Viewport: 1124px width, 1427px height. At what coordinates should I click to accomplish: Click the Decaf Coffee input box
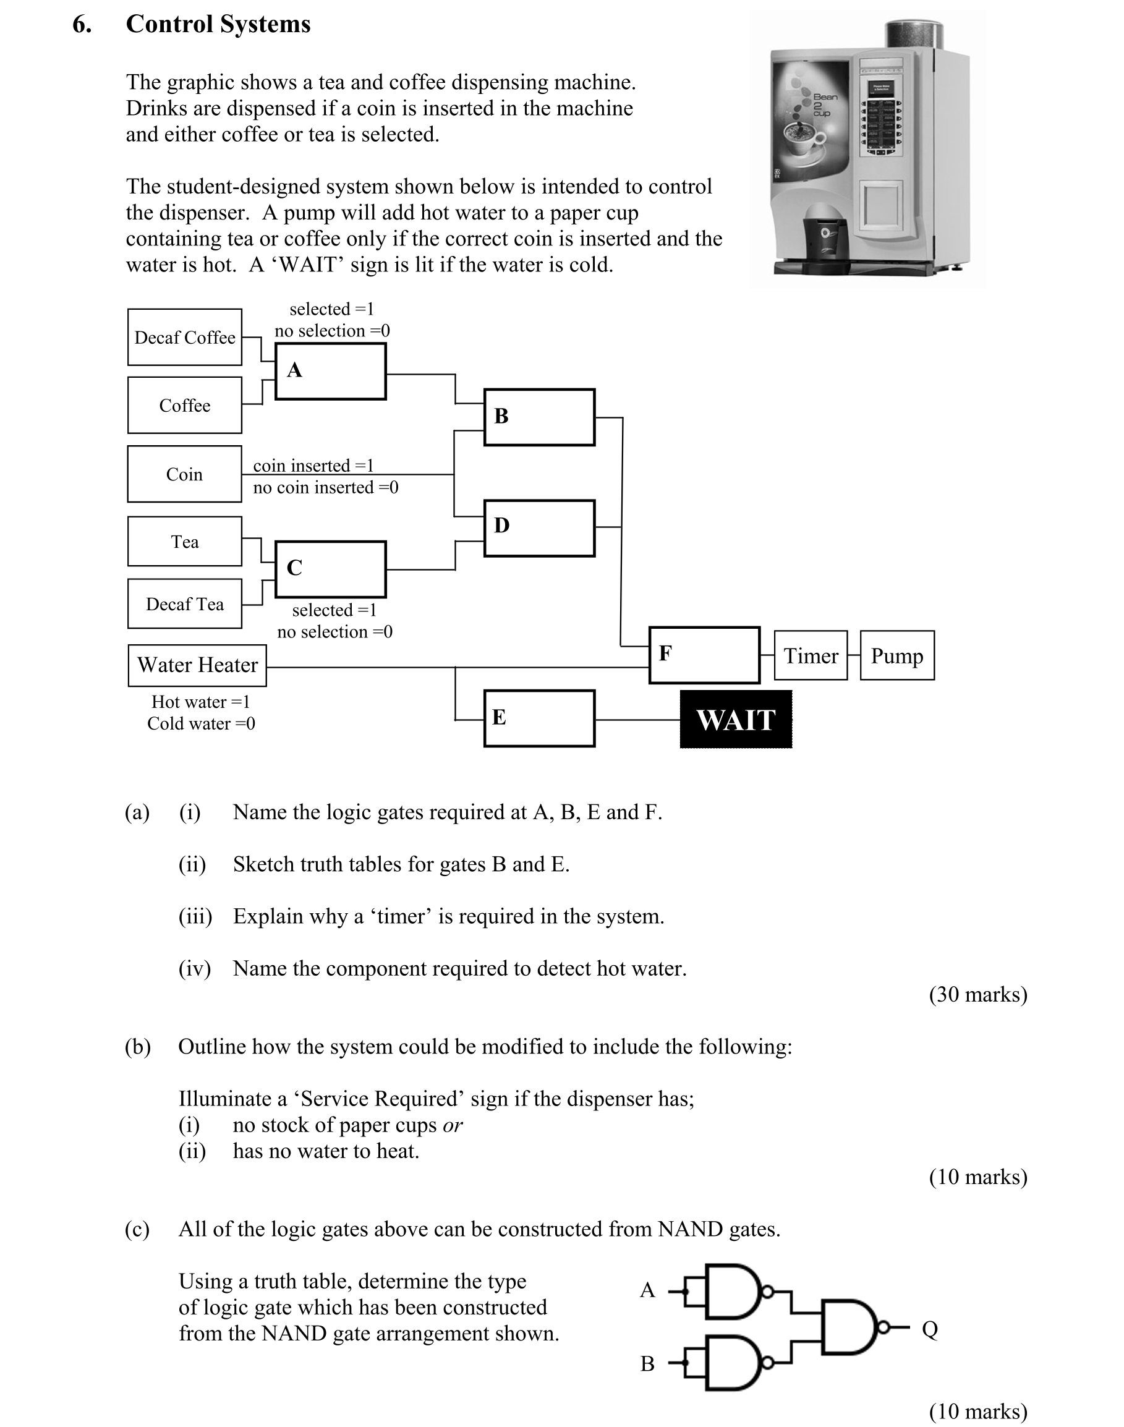(x=184, y=337)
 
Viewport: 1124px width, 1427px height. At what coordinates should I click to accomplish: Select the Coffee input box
(x=184, y=405)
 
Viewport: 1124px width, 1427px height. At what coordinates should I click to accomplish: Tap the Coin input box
(x=184, y=474)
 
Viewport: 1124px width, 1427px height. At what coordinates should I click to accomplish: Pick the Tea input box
(x=184, y=541)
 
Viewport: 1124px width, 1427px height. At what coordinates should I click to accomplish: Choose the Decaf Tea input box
(x=184, y=603)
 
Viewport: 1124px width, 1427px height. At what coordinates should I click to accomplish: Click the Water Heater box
(x=197, y=665)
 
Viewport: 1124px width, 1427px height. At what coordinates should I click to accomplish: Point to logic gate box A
(x=330, y=371)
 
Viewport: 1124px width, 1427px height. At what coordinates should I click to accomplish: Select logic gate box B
(x=540, y=417)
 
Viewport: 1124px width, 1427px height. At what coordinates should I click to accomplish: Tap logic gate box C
(x=330, y=569)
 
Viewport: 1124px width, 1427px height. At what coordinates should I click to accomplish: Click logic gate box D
(x=540, y=528)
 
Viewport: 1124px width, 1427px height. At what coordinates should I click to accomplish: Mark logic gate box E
(x=540, y=718)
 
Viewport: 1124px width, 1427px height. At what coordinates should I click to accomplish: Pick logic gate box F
(x=704, y=655)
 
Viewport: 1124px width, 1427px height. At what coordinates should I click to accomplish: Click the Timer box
(x=811, y=655)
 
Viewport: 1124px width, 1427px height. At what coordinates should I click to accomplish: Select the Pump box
(x=897, y=655)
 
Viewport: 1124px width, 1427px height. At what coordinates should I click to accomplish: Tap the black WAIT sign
(x=736, y=720)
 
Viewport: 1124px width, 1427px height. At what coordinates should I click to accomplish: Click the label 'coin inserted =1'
(x=313, y=466)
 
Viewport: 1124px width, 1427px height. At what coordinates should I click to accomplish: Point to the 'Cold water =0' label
(x=201, y=723)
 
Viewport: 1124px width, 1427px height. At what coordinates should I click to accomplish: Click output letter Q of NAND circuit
(x=929, y=1329)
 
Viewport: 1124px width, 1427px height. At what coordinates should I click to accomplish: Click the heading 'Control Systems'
(x=218, y=24)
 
